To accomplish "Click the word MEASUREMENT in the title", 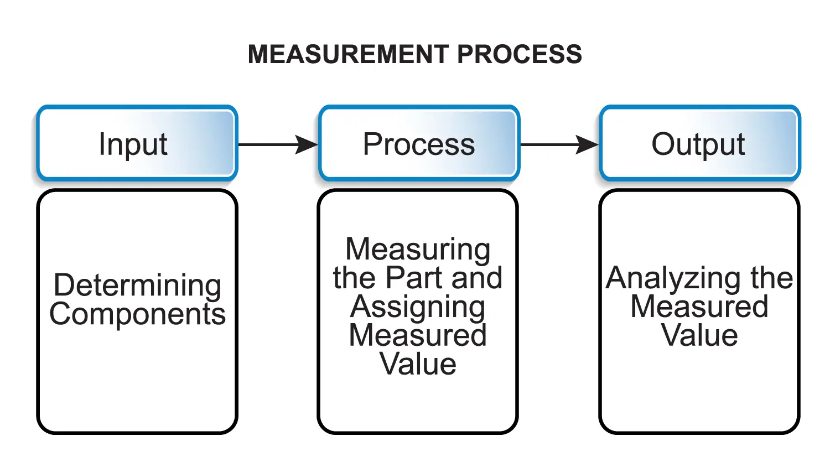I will (x=348, y=54).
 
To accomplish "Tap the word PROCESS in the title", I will (x=520, y=54).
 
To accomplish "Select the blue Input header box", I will (x=137, y=144).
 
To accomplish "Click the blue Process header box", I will (x=419, y=144).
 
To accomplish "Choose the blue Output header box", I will (x=699, y=144).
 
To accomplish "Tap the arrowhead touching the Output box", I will (x=588, y=144).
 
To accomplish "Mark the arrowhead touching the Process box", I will (x=307, y=144).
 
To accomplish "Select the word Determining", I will (x=137, y=286).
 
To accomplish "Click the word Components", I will (x=137, y=314).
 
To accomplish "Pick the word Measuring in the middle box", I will (x=418, y=250).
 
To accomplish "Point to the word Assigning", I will (x=418, y=307).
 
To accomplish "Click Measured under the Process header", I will (x=418, y=335).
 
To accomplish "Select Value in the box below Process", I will (x=418, y=364).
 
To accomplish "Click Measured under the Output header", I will (x=699, y=307).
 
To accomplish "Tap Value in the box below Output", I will (x=699, y=335).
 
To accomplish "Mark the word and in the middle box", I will (x=476, y=278).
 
